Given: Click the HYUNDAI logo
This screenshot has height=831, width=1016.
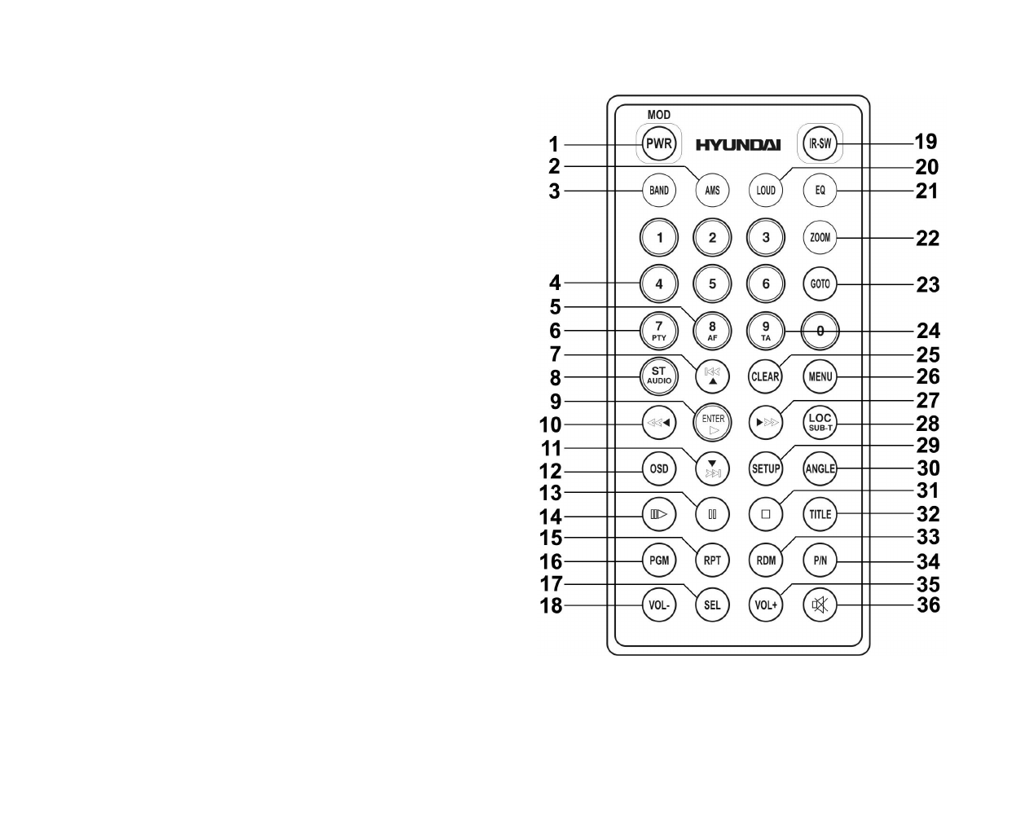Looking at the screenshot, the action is point(737,145).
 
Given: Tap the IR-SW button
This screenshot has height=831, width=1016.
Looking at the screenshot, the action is point(820,144).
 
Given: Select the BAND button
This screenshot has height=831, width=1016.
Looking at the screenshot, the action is point(659,191).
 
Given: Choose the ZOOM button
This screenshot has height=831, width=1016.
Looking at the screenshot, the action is point(820,238).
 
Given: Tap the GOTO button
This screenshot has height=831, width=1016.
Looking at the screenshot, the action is point(820,284).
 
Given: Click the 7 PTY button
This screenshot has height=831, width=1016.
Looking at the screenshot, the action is point(659,331).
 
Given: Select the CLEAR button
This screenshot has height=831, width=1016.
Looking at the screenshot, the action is point(765,376).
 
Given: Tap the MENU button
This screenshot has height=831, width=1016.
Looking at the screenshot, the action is point(820,376).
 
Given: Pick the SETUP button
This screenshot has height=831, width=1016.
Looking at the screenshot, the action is point(765,468).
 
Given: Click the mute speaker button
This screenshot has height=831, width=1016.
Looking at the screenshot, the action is point(820,605).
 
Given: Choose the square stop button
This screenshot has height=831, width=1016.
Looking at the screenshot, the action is point(765,514).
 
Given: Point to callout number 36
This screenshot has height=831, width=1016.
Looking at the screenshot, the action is point(928,605).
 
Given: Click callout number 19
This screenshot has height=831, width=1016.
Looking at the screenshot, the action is point(926,142).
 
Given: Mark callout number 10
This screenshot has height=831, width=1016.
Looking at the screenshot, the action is point(550,424).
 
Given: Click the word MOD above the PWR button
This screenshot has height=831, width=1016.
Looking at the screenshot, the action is point(659,115).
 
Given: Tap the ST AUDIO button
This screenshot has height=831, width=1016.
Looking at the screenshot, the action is point(659,376).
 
